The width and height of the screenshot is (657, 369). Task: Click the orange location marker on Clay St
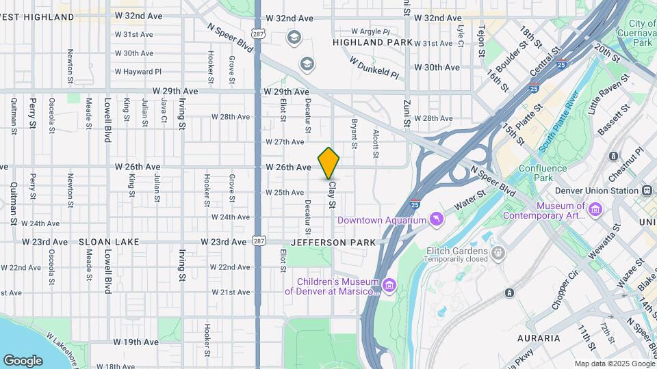tap(329, 163)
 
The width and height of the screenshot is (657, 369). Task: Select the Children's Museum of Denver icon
tap(389, 284)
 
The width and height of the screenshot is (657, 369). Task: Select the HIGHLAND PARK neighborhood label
tap(372, 42)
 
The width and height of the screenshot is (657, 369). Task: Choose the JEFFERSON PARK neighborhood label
tap(334, 243)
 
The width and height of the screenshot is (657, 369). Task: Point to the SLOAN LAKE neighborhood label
tap(109, 242)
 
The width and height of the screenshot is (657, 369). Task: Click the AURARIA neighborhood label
tap(540, 338)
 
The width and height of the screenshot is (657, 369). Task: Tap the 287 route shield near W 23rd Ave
tap(258, 240)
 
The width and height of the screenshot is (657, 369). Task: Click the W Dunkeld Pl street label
tap(374, 66)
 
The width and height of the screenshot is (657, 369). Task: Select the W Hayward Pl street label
tap(138, 71)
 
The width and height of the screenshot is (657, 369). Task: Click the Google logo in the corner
tap(23, 360)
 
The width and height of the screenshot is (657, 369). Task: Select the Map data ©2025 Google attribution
tap(613, 364)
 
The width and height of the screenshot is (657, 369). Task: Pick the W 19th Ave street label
tap(136, 342)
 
